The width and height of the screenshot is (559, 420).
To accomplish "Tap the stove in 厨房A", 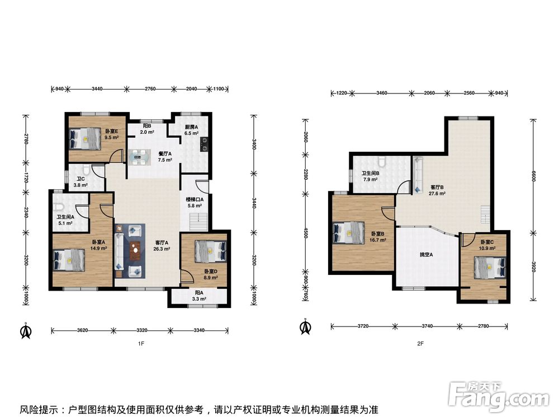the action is click(x=205, y=144).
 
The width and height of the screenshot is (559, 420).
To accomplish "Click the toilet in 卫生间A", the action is click(x=59, y=208).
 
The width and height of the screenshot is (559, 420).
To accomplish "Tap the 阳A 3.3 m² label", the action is click(x=199, y=296).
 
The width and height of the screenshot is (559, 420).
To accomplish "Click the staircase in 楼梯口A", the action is click(x=198, y=222).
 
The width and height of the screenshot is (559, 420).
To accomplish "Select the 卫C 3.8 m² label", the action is click(x=80, y=182).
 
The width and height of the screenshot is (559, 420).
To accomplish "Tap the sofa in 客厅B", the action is click(x=418, y=175).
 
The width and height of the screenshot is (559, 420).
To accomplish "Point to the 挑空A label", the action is click(x=426, y=255).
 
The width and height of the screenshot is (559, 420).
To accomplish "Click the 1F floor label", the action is click(x=141, y=344).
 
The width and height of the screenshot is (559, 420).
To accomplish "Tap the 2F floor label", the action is click(x=420, y=344).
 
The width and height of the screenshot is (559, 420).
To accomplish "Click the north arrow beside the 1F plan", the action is click(x=26, y=331).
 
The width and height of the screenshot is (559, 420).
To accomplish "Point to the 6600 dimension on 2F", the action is click(x=533, y=176).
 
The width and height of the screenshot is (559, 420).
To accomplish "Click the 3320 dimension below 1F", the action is click(x=142, y=330).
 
